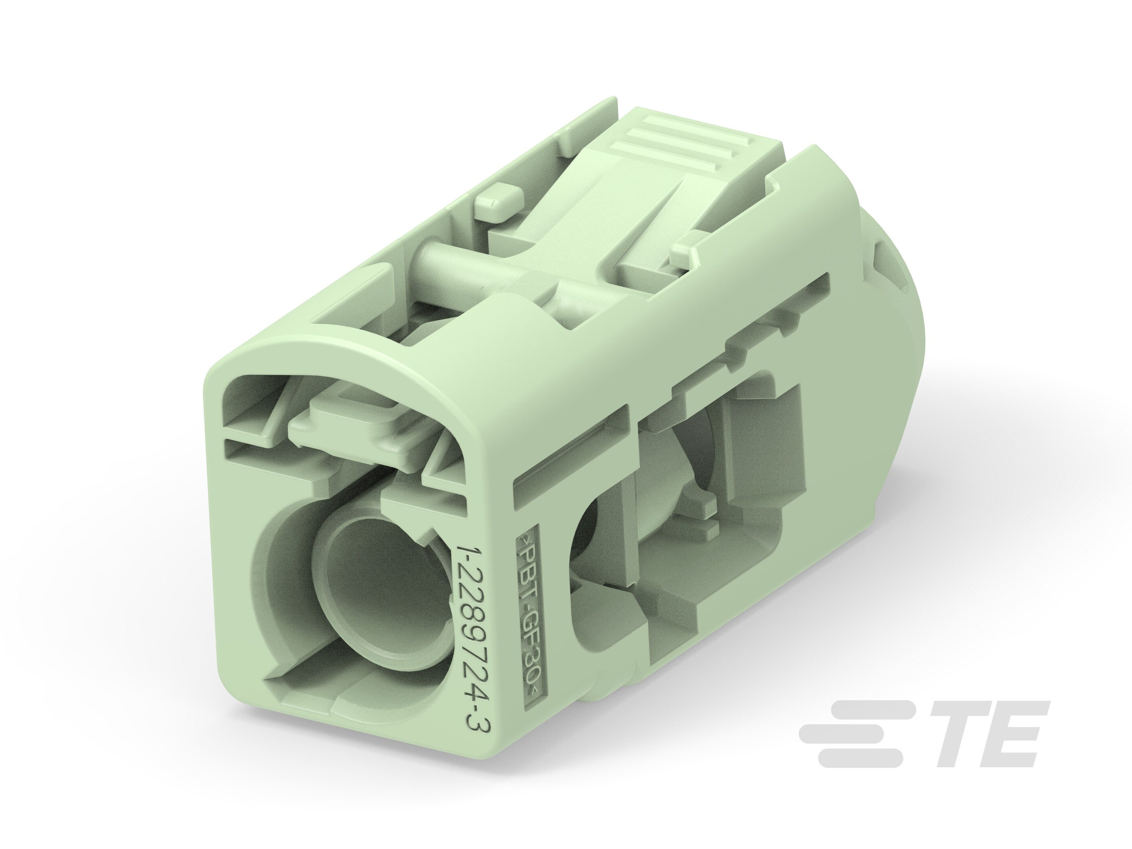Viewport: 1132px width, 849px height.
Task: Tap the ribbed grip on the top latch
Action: [681, 138]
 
